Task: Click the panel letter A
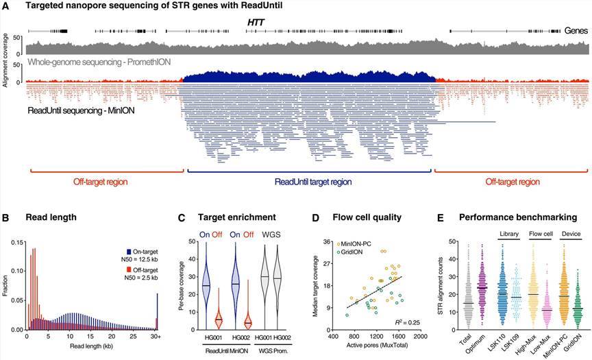click(6, 6)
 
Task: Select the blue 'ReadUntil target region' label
click(313, 182)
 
